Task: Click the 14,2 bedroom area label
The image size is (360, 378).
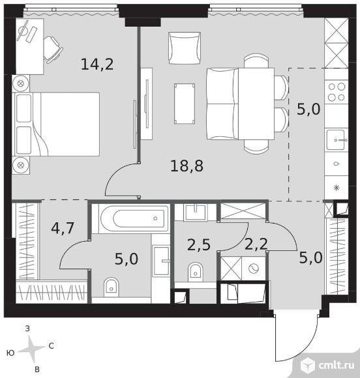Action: click(x=97, y=65)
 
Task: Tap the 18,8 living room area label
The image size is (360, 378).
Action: click(x=187, y=166)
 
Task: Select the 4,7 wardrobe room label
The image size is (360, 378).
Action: click(x=63, y=228)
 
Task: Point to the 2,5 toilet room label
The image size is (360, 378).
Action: click(x=199, y=246)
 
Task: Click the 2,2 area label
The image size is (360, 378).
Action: click(x=256, y=244)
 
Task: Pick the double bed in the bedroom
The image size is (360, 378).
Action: click(x=57, y=124)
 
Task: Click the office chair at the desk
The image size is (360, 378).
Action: click(x=53, y=50)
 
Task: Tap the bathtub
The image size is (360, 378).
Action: click(x=134, y=218)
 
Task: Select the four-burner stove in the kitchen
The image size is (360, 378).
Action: click(x=337, y=92)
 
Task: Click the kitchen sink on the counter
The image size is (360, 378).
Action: click(x=336, y=140)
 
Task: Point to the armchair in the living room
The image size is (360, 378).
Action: click(x=185, y=48)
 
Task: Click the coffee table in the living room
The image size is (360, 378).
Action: click(x=185, y=104)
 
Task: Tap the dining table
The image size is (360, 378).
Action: click(x=256, y=104)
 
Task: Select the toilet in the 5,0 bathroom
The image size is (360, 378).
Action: click(x=112, y=287)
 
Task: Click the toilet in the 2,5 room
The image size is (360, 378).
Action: click(x=196, y=272)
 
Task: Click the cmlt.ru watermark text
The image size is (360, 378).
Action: click(x=337, y=365)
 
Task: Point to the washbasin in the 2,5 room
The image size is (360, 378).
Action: click(x=195, y=212)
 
